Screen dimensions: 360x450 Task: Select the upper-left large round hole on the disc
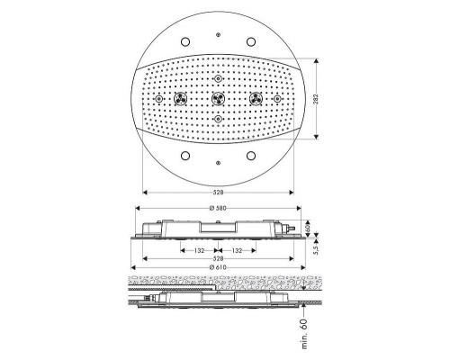coord(184,41)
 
